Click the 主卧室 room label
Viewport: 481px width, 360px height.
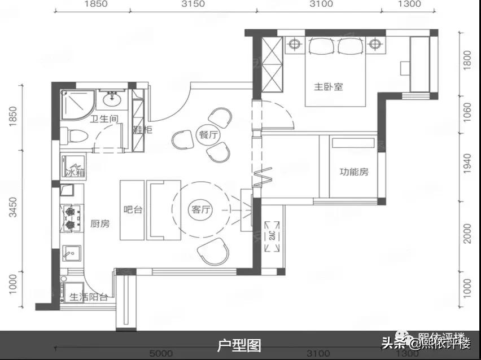329,87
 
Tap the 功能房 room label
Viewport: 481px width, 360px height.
354,172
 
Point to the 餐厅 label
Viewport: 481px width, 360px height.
208,135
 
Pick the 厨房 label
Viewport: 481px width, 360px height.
100,223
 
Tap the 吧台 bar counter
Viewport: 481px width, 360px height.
133,210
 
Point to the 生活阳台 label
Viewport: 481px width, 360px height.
88,297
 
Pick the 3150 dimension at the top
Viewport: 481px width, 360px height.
193,4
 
